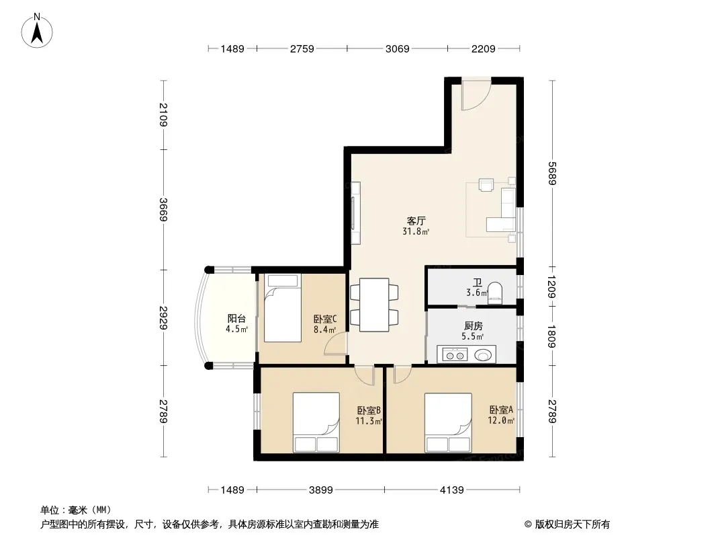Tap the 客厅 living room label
pyautogui.click(x=416, y=221)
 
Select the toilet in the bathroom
pyautogui.click(x=495, y=293)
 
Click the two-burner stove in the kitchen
pyautogui.click(x=455, y=354)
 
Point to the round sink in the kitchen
pyautogui.click(x=484, y=354)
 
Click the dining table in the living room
pyautogui.click(x=374, y=305)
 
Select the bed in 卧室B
pyautogui.click(x=316, y=422)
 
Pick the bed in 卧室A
pyautogui.click(x=448, y=422)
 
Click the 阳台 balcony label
pyautogui.click(x=236, y=319)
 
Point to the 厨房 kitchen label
pyautogui.click(x=473, y=326)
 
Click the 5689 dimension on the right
pyautogui.click(x=552, y=174)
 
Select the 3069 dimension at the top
pyautogui.click(x=397, y=49)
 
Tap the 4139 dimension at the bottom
pyautogui.click(x=451, y=490)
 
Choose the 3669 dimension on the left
pyautogui.click(x=163, y=209)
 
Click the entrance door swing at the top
pyautogui.click(x=476, y=95)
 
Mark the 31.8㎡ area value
pyautogui.click(x=416, y=231)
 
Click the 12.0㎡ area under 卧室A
pyautogui.click(x=501, y=420)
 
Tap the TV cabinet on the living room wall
pyautogui.click(x=355, y=213)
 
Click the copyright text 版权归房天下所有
pyautogui.click(x=572, y=525)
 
